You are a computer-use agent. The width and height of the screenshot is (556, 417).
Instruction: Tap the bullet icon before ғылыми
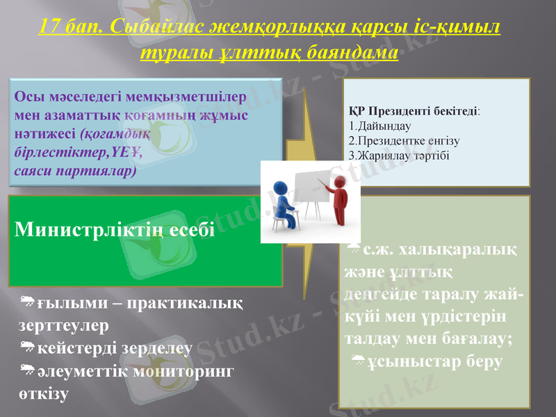click(28, 301)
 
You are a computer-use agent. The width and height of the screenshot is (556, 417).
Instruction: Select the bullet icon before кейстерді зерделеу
click(28, 347)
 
